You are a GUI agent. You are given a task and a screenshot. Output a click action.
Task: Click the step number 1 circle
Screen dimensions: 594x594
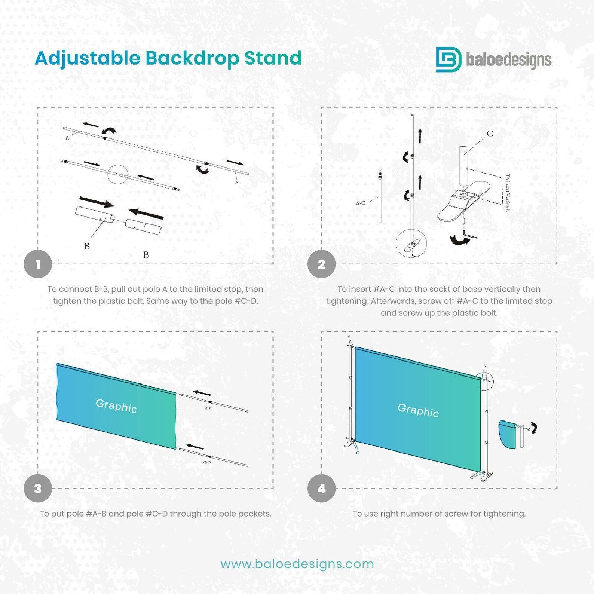(38, 264)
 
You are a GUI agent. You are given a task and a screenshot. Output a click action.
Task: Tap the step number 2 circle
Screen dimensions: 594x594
(321, 264)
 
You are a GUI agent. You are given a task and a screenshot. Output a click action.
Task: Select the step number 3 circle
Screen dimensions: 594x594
(38, 489)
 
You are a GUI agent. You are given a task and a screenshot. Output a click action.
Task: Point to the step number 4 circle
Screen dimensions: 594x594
(321, 489)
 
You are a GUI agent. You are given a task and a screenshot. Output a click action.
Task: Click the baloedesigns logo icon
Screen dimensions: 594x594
(448, 59)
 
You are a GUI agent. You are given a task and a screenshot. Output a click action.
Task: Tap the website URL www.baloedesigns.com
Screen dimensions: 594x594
(297, 564)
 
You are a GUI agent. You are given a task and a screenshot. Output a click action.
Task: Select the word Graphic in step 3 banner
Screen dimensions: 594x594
(116, 406)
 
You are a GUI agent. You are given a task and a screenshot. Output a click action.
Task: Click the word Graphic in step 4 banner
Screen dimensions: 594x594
(418, 410)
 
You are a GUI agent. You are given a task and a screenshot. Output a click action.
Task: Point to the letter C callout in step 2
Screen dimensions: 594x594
(490, 134)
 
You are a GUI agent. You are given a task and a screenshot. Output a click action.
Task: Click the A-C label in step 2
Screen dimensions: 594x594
(360, 203)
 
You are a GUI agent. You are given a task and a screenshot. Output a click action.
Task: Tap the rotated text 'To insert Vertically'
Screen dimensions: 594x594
(507, 193)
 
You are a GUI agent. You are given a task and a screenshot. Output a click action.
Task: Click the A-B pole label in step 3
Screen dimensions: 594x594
(208, 407)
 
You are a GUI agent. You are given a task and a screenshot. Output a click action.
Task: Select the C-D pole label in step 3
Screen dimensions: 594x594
(207, 462)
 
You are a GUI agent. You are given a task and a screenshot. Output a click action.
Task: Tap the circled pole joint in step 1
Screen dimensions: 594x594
(118, 174)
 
